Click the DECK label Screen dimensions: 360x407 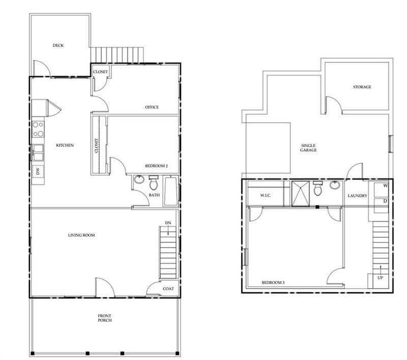58,46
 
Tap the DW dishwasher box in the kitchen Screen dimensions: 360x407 37,172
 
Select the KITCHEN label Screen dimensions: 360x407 65,146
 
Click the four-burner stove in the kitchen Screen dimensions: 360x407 38,129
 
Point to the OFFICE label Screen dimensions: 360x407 152,107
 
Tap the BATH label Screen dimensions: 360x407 154,195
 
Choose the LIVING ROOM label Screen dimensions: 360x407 82,235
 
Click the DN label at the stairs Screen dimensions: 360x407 167,223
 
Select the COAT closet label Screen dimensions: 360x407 168,289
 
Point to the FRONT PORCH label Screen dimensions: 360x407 105,318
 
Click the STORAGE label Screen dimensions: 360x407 362,87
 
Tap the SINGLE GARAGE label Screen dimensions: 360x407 308,148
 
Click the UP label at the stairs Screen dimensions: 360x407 380,278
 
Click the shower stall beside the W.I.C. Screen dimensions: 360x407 300,192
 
